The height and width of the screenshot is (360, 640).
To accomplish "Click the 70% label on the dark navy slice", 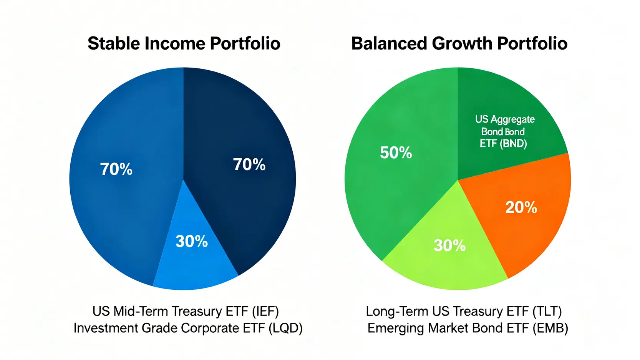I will coord(249,164).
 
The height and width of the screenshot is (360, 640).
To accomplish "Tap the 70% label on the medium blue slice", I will coord(116,169).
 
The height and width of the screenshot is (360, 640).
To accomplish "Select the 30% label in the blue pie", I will coord(191,241).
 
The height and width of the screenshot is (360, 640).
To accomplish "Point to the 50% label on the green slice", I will coord(396,153).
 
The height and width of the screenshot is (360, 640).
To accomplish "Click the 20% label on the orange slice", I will coord(521,207).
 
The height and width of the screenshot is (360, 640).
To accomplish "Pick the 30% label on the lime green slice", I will coord(449,245).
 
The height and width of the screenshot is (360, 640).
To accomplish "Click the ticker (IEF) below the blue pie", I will coord(265,311).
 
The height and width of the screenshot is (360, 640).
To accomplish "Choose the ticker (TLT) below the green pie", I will coord(547,311).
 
